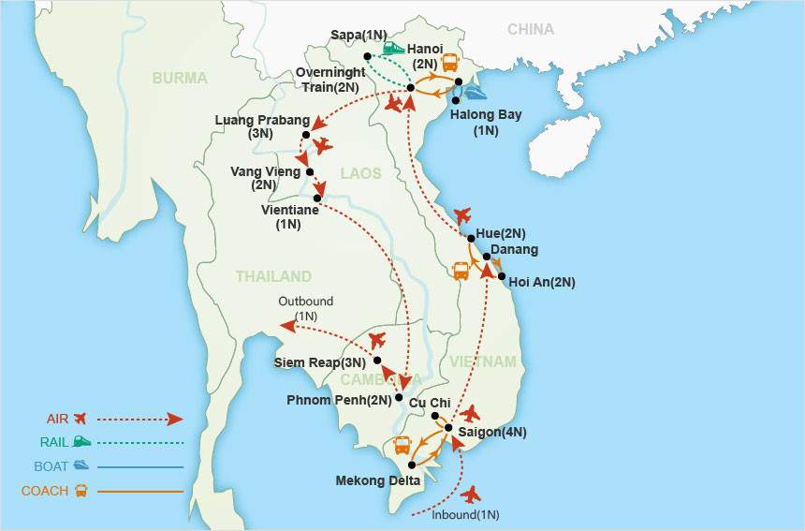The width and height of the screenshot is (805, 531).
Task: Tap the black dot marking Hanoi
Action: coord(411,88)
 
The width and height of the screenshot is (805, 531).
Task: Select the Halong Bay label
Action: coord(486,115)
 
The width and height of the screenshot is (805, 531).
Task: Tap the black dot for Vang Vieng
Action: coord(310,172)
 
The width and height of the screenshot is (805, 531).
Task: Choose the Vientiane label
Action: coord(290,211)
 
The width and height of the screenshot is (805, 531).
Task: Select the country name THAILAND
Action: coord(273,276)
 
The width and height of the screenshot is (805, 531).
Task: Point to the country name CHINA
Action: coord(531,29)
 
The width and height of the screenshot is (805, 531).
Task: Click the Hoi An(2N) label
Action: coord(542,282)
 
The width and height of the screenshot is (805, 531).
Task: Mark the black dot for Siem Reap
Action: coord(376,361)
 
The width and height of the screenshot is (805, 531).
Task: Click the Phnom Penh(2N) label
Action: coord(341,401)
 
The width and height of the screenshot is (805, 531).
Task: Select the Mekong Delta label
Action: coord(371,481)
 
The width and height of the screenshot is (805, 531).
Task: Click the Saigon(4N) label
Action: coord(492,432)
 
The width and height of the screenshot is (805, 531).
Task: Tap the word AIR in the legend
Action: coord(57,419)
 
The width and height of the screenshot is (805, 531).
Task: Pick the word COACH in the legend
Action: coord(44,491)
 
